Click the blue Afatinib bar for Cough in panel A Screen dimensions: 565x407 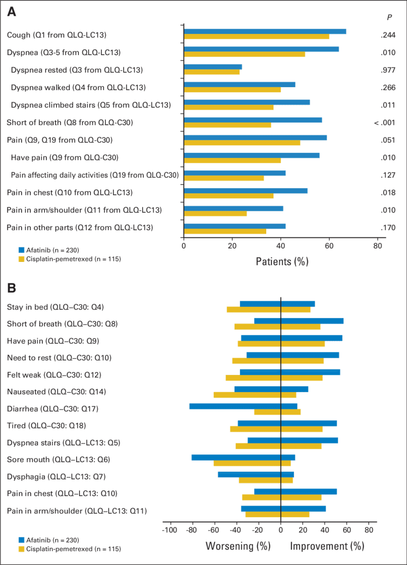pyautogui.click(x=265, y=32)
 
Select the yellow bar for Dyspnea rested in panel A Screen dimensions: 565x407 pyautogui.click(x=212, y=72)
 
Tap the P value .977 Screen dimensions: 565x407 pyautogui.click(x=387, y=70)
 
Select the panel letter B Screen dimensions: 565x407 pyautogui.click(x=11, y=288)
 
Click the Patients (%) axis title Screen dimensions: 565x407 pyautogui.click(x=282, y=261)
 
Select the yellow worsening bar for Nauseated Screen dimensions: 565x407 pyautogui.click(x=247, y=395)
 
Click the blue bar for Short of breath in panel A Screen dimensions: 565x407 pyautogui.click(x=253, y=120)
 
